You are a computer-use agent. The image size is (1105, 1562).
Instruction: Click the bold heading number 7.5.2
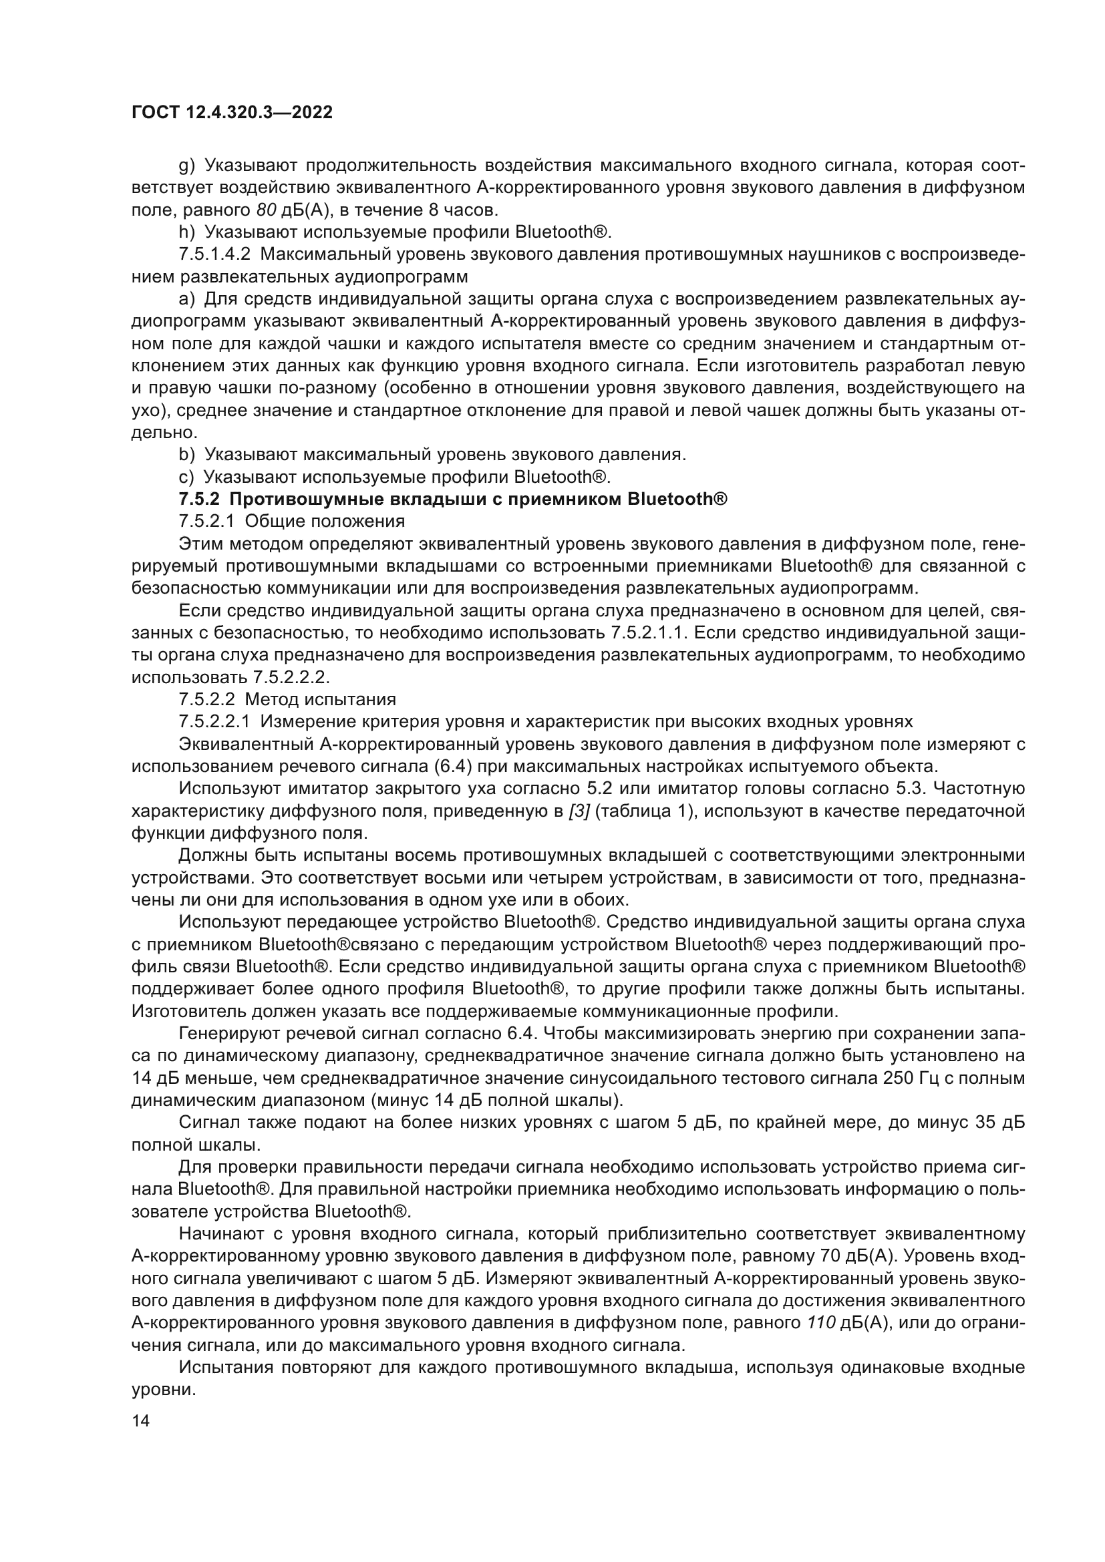tap(198, 499)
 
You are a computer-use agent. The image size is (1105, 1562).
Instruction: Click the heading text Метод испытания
tap(320, 699)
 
